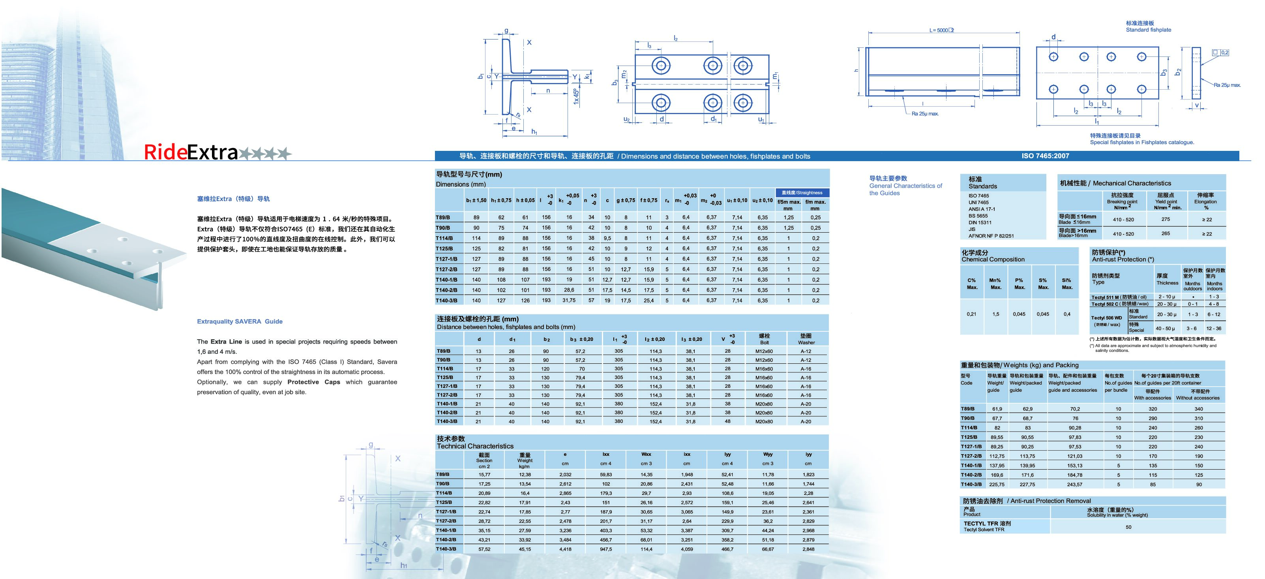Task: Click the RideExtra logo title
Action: click(191, 153)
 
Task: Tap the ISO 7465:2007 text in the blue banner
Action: click(1045, 156)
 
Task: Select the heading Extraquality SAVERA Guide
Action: click(240, 321)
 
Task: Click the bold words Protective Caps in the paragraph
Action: click(313, 382)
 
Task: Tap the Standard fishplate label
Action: click(1148, 30)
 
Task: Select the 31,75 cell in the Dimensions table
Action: click(569, 300)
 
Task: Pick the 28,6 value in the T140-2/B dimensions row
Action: click(569, 290)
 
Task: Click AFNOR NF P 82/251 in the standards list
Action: click(991, 236)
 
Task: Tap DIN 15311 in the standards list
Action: click(980, 223)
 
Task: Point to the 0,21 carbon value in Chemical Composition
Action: click(971, 314)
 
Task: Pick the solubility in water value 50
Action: click(1128, 527)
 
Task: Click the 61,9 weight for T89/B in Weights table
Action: click(997, 409)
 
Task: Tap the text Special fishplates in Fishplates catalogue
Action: click(1142, 143)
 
